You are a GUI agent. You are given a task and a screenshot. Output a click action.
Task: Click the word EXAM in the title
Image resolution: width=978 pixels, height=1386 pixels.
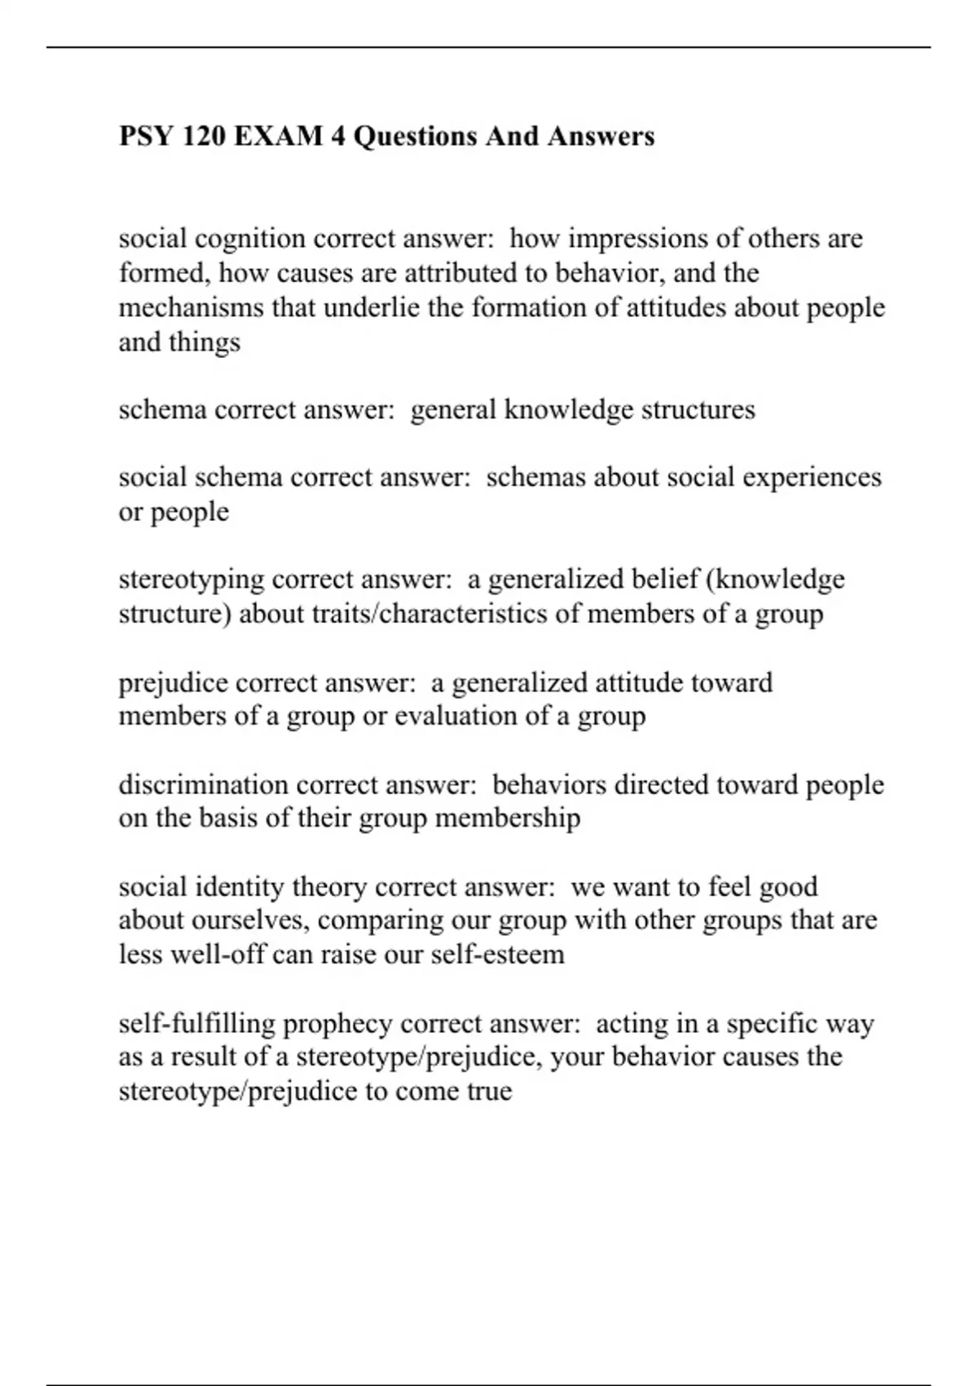coord(278,135)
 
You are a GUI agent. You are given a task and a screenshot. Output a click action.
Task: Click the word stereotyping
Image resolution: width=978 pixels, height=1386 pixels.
coord(192,580)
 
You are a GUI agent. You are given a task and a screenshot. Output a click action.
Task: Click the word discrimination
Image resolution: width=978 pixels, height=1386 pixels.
coord(204,784)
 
